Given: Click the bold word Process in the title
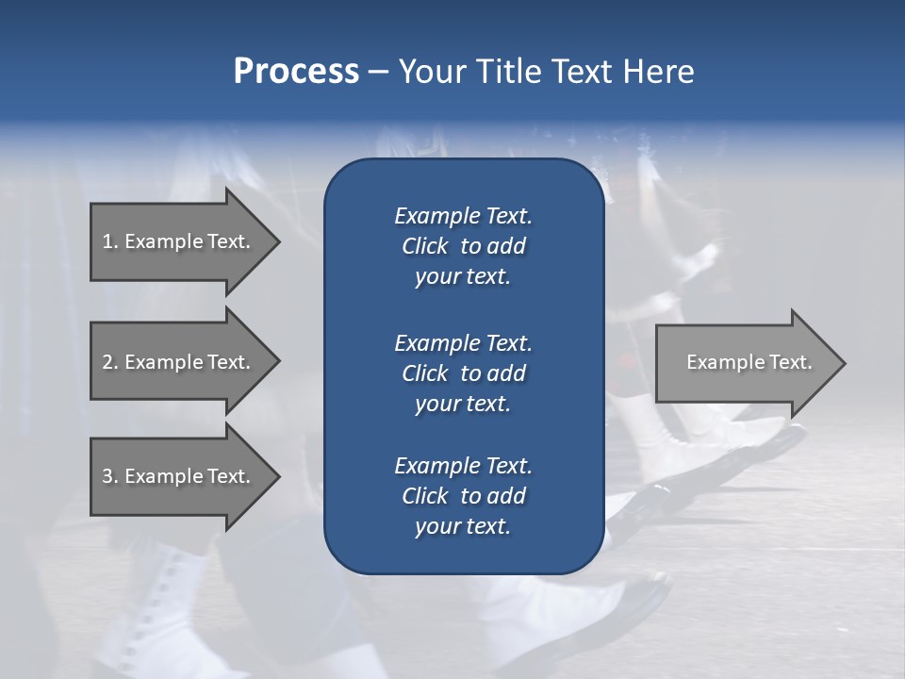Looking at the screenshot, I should pos(296,72).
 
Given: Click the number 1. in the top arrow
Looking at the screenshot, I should pos(109,241).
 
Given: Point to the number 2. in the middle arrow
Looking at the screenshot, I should pos(109,362).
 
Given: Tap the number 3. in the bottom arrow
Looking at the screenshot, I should pos(109,476).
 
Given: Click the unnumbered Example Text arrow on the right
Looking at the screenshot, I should pos(749,362).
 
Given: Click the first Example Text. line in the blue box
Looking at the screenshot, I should pos(463,216).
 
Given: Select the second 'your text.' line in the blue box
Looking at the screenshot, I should pos(463,404).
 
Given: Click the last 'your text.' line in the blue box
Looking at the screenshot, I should pos(463,526).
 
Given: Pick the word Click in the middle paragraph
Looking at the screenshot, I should pos(424,373).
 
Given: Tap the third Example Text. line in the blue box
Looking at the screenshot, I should pos(463,466).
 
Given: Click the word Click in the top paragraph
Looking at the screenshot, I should pos(424,247).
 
